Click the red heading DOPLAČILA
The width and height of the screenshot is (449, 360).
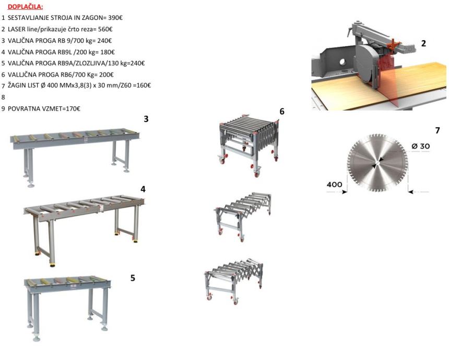point(25,7)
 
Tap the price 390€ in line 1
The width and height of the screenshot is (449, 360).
point(115,18)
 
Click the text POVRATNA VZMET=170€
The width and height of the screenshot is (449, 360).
point(44,109)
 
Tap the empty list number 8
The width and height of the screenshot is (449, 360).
point(3,97)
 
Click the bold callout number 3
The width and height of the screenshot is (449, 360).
point(146,119)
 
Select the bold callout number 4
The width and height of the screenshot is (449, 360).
point(143,189)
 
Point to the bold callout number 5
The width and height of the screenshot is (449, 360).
point(133,278)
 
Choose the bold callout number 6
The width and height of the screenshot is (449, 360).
point(282,111)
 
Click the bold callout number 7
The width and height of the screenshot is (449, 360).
point(438,130)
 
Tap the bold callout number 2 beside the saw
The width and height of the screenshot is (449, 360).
point(423,43)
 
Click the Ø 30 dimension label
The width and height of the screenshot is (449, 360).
point(421,146)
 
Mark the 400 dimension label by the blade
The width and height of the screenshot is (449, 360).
point(334,185)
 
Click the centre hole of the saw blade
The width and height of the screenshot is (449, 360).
point(377,163)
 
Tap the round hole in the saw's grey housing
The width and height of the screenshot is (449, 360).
point(342,62)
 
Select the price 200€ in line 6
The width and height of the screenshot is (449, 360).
point(106,75)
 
